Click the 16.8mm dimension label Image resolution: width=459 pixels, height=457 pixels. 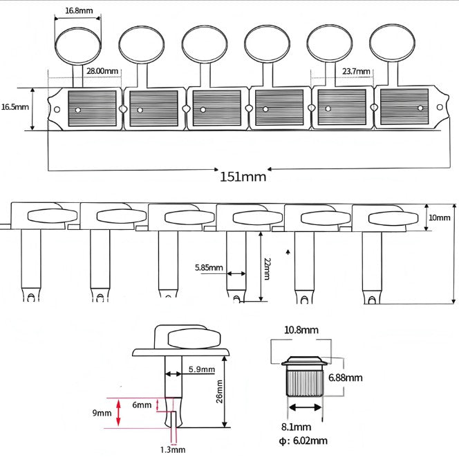click(x=78, y=12)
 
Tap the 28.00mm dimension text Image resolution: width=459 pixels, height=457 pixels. click(x=102, y=71)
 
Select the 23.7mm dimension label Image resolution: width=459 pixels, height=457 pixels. click(x=357, y=71)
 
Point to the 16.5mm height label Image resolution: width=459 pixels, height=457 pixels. click(x=15, y=107)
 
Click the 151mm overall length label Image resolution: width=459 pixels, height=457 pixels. click(x=243, y=176)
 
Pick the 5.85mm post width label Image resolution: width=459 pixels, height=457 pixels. click(x=209, y=267)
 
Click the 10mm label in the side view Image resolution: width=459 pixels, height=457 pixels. click(x=440, y=217)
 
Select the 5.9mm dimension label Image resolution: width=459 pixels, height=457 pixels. click(x=200, y=370)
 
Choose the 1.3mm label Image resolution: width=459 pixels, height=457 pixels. click(x=173, y=449)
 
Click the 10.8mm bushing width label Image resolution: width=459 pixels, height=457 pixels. click(x=301, y=331)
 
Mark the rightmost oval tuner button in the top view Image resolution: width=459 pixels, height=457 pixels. click(x=393, y=43)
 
